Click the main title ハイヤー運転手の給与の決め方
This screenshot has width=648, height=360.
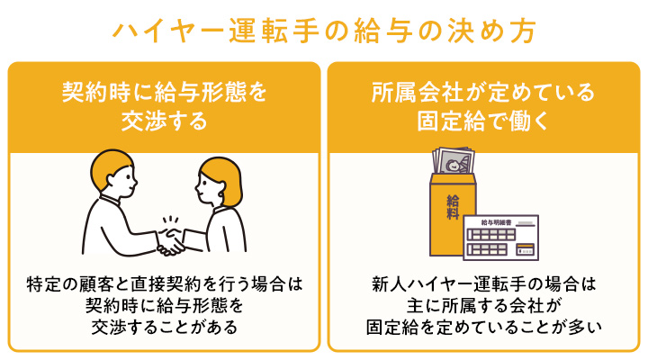click(x=324, y=29)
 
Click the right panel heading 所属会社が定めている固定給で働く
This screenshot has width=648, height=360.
click(x=483, y=105)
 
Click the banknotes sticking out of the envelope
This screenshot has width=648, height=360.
click(x=454, y=163)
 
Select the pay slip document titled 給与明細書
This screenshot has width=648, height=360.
click(x=500, y=238)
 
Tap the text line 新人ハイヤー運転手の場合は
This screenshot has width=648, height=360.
click(x=483, y=284)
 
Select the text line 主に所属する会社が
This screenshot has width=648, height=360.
click(x=483, y=306)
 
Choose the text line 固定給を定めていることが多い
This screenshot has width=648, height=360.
click(x=483, y=328)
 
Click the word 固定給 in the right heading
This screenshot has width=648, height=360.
click(x=448, y=119)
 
